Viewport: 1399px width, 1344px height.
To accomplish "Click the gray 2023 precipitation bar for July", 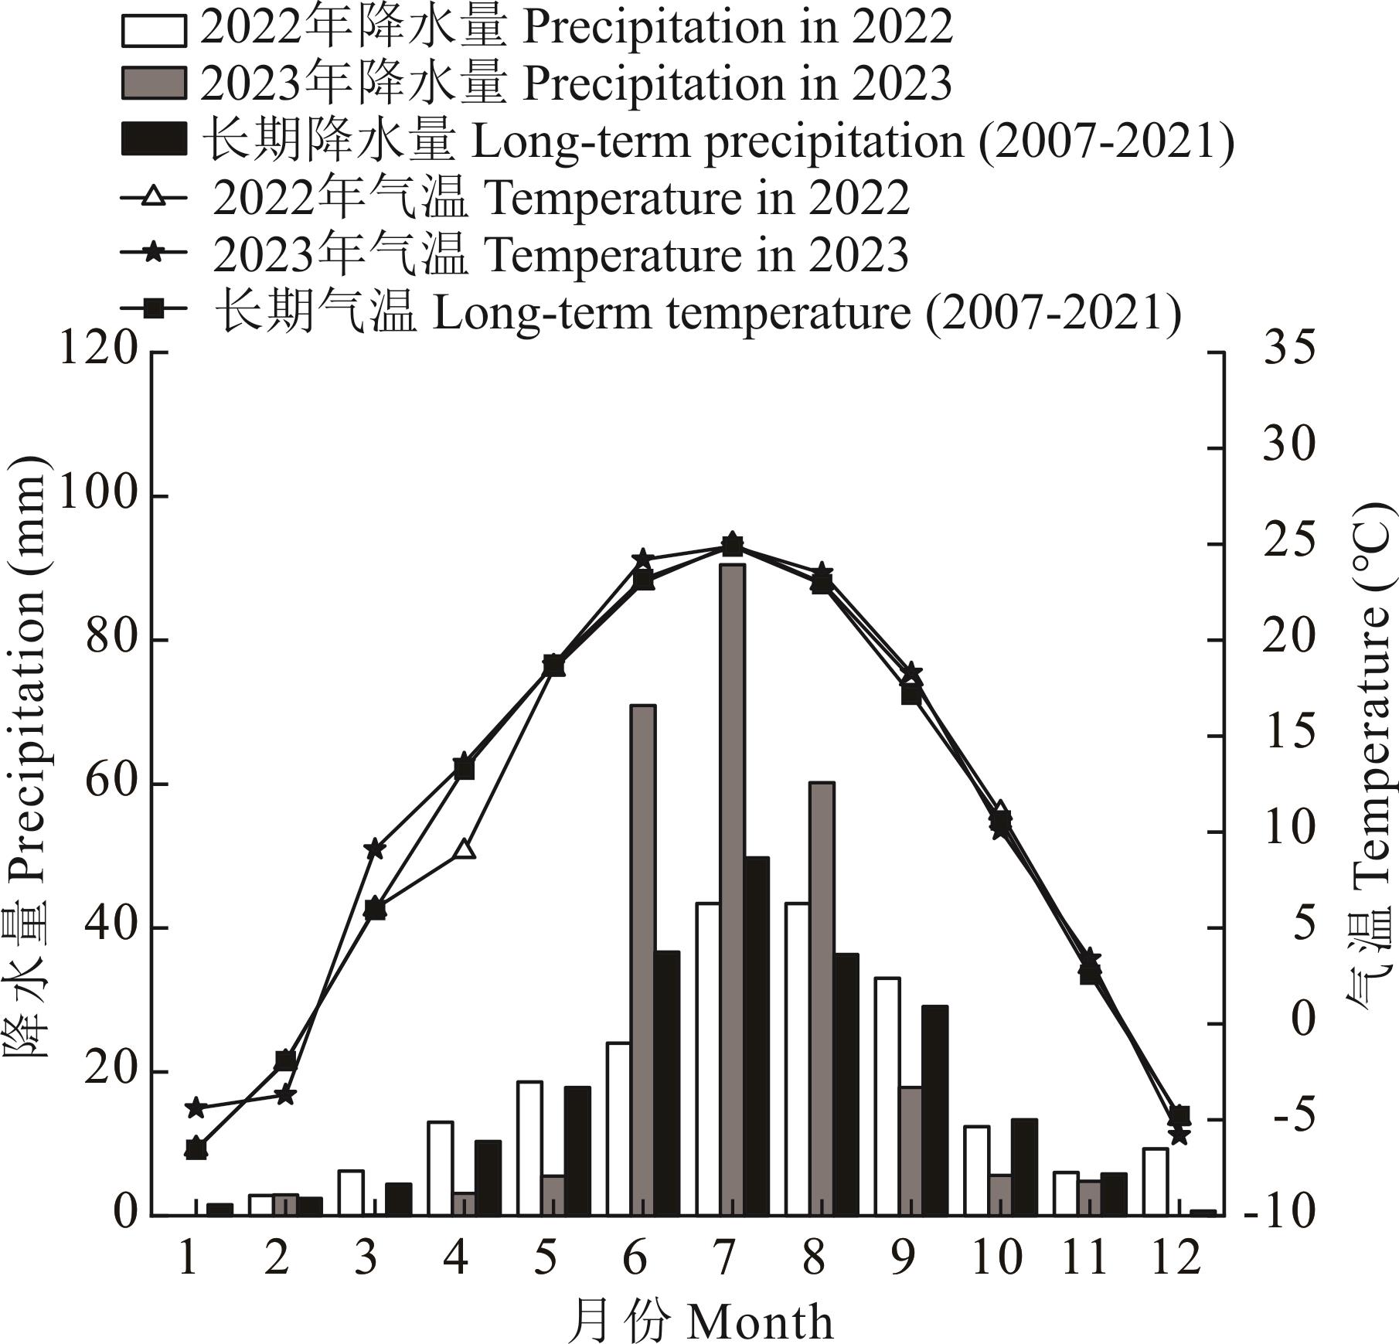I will click(732, 889).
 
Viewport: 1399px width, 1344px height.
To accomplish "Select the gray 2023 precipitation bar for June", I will click(643, 958).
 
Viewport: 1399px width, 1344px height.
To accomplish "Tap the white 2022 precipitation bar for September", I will click(887, 1096).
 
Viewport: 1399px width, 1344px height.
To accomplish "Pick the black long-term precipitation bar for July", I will click(757, 1036).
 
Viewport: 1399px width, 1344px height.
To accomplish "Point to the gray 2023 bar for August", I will click(822, 997).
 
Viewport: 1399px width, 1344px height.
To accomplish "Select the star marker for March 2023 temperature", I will click(374, 849).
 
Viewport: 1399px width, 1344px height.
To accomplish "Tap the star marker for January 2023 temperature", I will click(196, 1108).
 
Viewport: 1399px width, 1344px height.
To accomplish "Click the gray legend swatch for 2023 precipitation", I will click(154, 83).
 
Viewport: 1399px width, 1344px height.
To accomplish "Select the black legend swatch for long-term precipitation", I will click(154, 140).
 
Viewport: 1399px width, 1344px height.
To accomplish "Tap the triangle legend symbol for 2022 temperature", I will click(154, 197).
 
